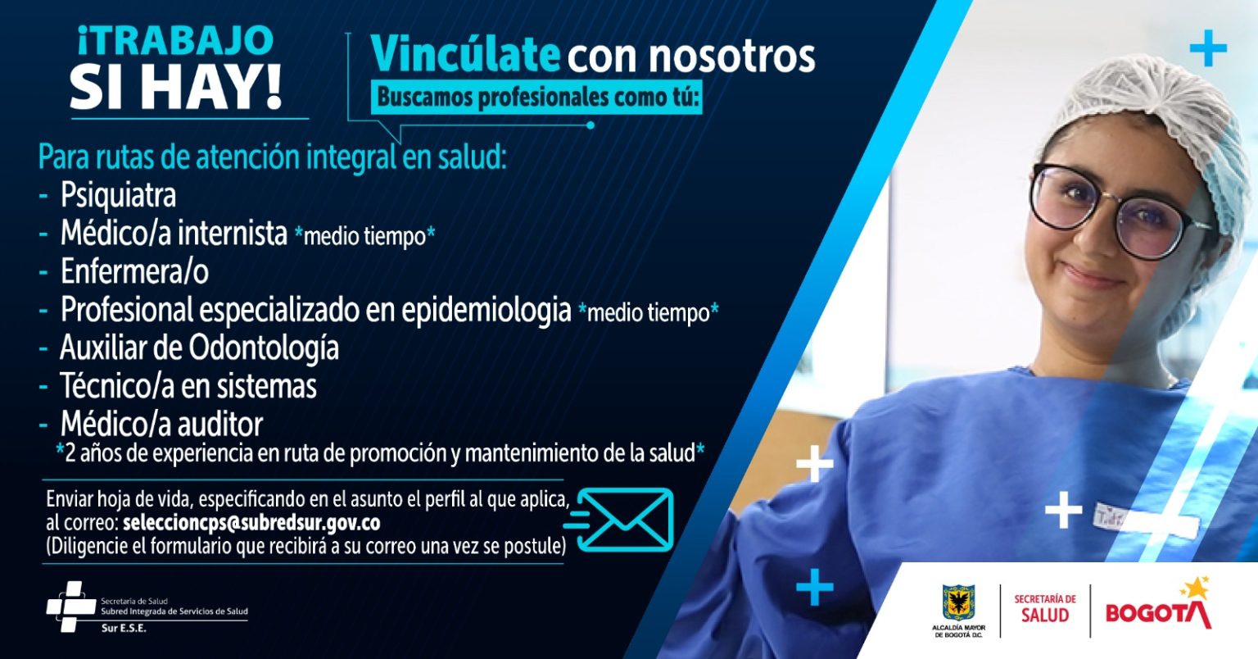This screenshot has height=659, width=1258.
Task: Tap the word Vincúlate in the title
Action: [x=465, y=55]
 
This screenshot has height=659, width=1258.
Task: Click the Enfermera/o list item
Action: [x=135, y=271]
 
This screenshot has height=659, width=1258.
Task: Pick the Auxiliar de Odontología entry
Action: [x=199, y=348]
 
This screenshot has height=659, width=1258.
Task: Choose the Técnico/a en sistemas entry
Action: [x=188, y=386]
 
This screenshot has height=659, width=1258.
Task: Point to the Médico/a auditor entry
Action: [x=161, y=424]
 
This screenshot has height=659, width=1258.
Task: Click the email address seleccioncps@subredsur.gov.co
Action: [x=251, y=523]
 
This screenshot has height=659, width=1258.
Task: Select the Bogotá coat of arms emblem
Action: [x=959, y=602]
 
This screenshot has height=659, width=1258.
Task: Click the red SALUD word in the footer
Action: [x=1044, y=615]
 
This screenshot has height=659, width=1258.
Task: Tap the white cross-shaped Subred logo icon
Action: [x=71, y=607]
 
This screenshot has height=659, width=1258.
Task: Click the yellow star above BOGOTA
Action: [x=1196, y=589]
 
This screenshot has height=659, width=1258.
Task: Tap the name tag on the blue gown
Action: [x=1146, y=520]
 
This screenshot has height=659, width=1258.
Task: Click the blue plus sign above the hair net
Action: [x=1208, y=48]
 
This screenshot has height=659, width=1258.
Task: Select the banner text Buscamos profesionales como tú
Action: [x=536, y=98]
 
